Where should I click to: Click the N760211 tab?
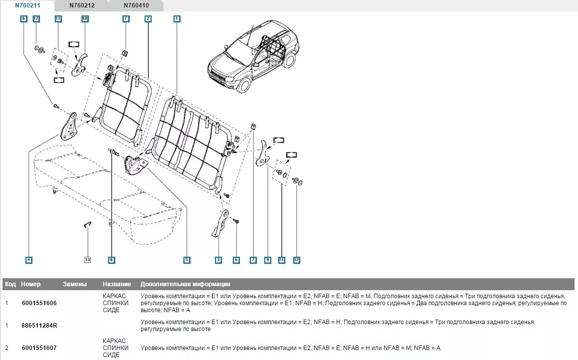[27, 6]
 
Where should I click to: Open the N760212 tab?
[82, 6]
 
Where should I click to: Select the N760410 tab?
[136, 6]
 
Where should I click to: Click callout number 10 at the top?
[85, 18]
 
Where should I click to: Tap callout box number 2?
[148, 18]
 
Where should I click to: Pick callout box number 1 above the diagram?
[177, 18]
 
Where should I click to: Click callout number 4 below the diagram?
[29, 260]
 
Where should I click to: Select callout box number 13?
[88, 260]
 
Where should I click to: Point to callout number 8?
[111, 260]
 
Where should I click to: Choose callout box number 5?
[187, 260]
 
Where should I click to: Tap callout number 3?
[218, 260]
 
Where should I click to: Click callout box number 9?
[268, 260]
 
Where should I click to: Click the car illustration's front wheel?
[243, 84]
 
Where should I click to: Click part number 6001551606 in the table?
[39, 303]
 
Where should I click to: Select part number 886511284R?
[39, 326]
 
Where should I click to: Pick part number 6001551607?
[39, 348]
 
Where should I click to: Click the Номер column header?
[31, 284]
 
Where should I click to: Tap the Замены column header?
[75, 284]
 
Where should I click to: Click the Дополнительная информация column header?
[185, 284]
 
